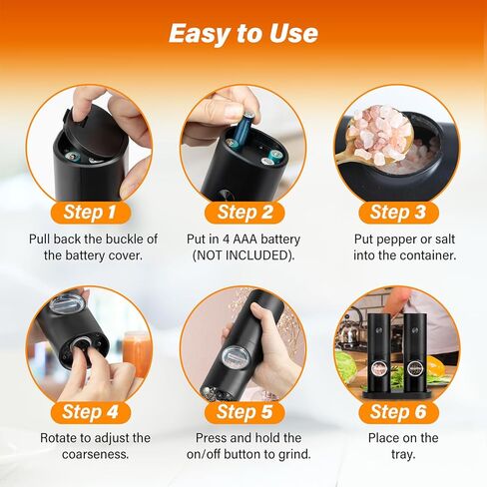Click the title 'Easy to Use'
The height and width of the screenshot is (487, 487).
pos(243,33)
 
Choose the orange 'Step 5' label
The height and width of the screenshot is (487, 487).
pos(243,411)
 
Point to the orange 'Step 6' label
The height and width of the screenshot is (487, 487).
pos(397,411)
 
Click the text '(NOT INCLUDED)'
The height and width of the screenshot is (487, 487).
pos(243,256)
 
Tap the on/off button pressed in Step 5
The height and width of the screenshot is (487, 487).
pos(234,356)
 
